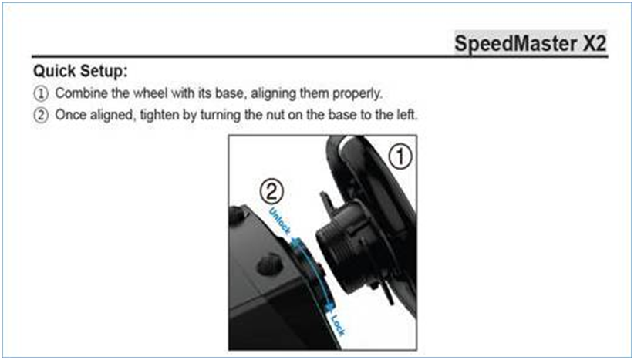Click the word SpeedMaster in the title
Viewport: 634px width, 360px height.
click(x=516, y=43)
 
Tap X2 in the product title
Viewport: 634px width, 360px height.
click(x=595, y=43)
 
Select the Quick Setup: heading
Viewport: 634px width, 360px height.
click(x=80, y=72)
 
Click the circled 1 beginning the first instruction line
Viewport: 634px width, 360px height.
click(x=40, y=94)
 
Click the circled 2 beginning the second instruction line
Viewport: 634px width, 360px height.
click(x=40, y=116)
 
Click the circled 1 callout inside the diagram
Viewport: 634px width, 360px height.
click(x=400, y=157)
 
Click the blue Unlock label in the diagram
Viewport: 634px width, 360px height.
click(x=280, y=222)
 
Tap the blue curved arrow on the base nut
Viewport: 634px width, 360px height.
click(x=316, y=274)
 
